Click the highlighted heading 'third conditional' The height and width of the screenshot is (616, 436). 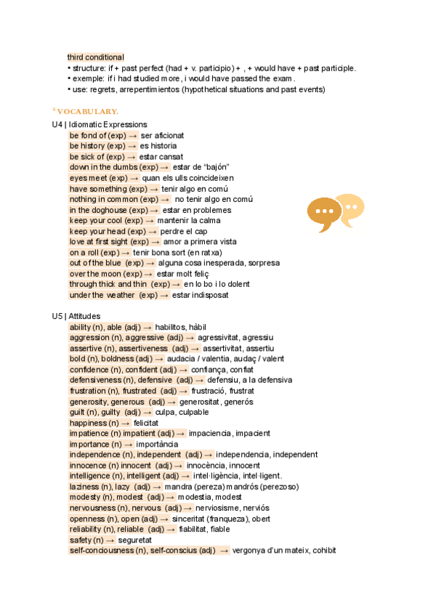pyautogui.click(x=95, y=57)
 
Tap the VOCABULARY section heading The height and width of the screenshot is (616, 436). pyautogui.click(x=86, y=110)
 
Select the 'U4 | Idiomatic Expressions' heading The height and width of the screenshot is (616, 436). pyautogui.click(x=100, y=125)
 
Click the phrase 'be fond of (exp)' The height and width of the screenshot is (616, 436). pyautogui.click(x=97, y=136)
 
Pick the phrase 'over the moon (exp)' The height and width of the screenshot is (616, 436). pyautogui.click(x=106, y=274)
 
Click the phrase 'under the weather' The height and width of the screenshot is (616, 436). pyautogui.click(x=102, y=295)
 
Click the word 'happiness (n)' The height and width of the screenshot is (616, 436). pyautogui.click(x=94, y=423)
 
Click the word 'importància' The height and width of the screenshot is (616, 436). pyautogui.click(x=156, y=444)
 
